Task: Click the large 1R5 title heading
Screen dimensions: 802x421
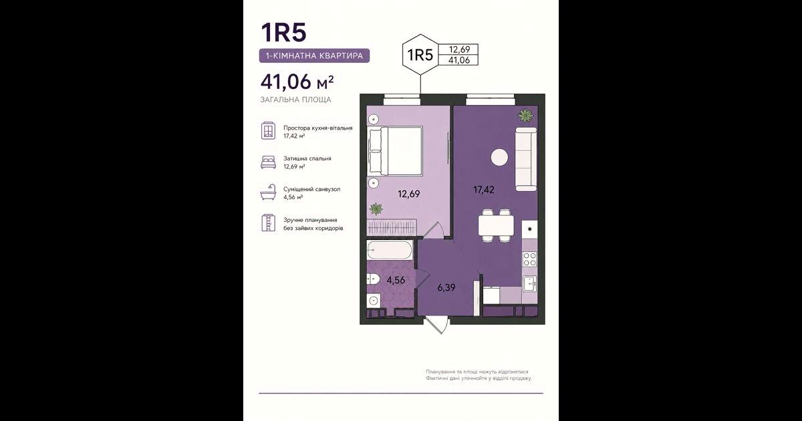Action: [283, 32]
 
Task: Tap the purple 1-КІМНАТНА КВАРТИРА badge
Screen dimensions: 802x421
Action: [314, 55]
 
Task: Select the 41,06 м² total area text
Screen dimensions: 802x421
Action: [297, 82]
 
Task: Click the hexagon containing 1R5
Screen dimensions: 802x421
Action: [420, 54]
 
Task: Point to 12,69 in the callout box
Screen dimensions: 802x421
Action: [459, 49]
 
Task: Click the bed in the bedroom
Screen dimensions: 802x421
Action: [396, 151]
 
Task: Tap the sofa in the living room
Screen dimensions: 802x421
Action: [526, 159]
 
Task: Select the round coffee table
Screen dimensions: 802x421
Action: [499, 157]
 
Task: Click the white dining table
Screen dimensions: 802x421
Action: [496, 225]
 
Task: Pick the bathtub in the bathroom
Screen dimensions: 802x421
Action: [390, 249]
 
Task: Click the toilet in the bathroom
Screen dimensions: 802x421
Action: [373, 279]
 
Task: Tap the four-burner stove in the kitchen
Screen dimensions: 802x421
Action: [530, 259]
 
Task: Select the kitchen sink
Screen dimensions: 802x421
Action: [530, 284]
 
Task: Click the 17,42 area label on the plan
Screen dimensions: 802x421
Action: [484, 190]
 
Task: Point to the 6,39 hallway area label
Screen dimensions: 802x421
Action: [446, 287]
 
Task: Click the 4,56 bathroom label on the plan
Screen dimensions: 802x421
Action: [396, 280]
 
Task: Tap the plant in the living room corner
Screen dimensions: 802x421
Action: [525, 115]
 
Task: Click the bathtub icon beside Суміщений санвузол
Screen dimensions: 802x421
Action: [268, 192]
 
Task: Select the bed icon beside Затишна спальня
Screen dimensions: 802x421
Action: [268, 162]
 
